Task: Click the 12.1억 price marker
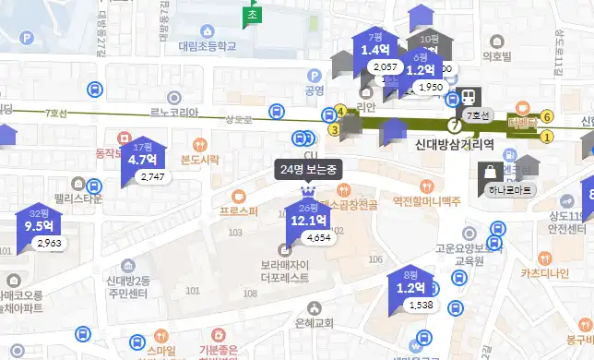[x=307, y=221]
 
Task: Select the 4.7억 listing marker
[x=143, y=158]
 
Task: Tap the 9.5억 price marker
[x=38, y=225]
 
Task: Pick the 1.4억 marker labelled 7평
[x=375, y=50]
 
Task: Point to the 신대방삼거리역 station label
[x=450, y=144]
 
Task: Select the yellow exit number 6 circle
[x=547, y=116]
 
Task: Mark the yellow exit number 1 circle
[x=547, y=137]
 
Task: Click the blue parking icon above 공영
[x=314, y=76]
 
